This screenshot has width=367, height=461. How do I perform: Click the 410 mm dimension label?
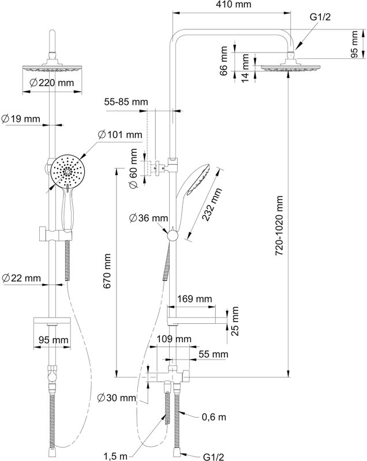[233, 5]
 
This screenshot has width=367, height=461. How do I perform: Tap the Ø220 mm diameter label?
[52, 83]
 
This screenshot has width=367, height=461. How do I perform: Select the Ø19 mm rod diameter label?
[21, 119]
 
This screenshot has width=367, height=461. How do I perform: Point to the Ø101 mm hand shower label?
[120, 135]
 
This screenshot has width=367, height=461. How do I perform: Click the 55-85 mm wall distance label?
[126, 102]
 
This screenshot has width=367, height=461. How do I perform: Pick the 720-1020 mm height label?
[279, 225]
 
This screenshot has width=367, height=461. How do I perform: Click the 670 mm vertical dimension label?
[107, 271]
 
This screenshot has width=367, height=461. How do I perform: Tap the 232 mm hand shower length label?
[212, 205]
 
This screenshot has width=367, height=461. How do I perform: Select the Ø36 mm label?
[149, 218]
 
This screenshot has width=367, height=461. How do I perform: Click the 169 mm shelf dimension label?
[194, 298]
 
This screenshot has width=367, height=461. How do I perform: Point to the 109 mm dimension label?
[174, 339]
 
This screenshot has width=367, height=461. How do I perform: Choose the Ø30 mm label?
[117, 398]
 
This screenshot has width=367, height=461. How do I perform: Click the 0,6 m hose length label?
[214, 417]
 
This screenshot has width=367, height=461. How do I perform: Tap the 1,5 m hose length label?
[115, 456]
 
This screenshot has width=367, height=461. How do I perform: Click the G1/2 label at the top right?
[320, 17]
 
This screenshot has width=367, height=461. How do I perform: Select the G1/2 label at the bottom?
[214, 456]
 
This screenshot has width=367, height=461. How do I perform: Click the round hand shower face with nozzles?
[68, 171]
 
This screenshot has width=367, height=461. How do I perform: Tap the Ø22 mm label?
[21, 278]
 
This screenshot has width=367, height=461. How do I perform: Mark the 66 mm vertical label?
[224, 61]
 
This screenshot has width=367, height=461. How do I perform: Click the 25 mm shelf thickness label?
[234, 321]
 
